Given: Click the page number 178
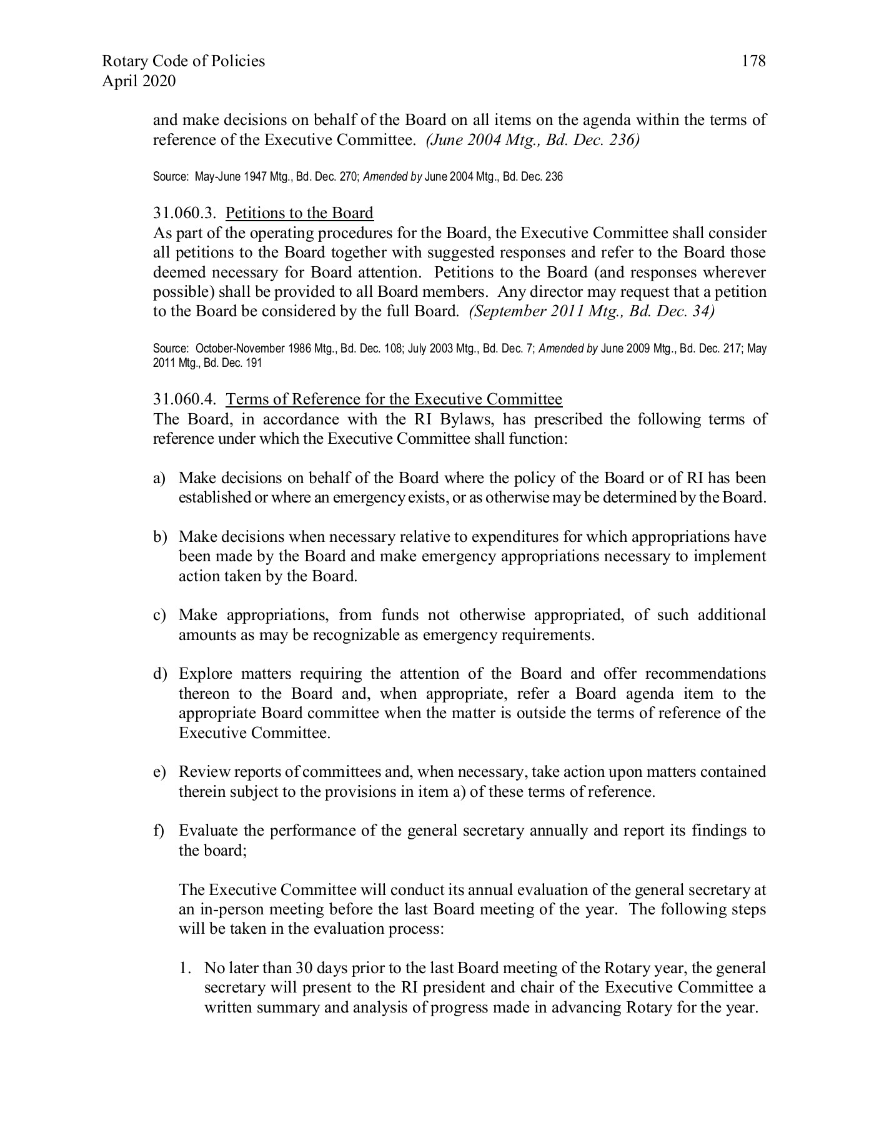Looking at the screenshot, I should pos(753,61).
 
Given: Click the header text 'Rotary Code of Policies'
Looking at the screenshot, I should pos(183,61).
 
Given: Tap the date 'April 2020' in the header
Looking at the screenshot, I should pos(138,81).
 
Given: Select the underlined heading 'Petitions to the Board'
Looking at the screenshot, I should pos(299,213).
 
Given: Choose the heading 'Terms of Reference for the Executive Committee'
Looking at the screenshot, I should pos(394,399).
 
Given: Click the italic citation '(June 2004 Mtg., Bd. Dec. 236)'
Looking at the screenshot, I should pos(532,140).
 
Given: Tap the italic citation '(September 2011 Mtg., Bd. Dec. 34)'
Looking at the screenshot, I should pos(591,312).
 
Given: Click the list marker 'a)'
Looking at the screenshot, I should pos(159,479).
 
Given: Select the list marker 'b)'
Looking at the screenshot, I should pos(159,537).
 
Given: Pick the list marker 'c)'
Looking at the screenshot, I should pos(159,616).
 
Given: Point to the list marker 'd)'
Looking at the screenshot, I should pos(159,674).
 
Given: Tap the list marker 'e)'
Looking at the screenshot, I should pos(159,772).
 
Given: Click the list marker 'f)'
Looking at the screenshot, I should pos(159,831).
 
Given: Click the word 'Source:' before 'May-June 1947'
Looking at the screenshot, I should pos(171,177).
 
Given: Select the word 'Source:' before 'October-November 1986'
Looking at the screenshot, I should pos(171,349).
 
